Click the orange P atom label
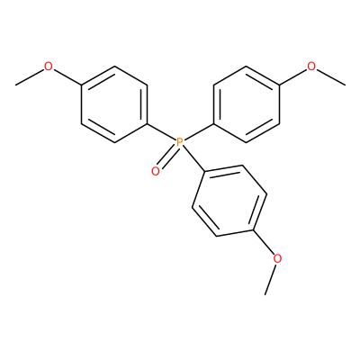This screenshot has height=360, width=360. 180,142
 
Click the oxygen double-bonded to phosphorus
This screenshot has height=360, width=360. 156,171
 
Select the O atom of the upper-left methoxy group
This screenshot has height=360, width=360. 48,67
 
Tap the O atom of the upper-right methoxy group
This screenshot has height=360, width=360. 311,67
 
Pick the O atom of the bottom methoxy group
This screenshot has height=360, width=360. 278,258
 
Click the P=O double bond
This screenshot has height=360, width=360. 167,157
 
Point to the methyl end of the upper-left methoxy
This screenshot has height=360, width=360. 15,85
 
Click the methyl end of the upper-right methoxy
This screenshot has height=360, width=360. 345,85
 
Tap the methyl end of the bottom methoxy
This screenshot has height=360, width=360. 265,294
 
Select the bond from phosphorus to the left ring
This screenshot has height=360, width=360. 161,132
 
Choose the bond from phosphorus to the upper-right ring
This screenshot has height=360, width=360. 198,132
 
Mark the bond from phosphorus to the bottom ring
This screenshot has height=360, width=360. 193,159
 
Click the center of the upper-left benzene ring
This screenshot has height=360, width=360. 114,104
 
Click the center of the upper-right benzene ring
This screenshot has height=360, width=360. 247,104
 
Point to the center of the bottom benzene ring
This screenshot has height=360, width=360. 229,201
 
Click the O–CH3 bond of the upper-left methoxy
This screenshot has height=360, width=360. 30,77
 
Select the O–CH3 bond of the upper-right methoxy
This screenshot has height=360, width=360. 330,77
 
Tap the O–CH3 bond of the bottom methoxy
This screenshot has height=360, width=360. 271,279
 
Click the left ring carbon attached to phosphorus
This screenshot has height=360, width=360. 148,123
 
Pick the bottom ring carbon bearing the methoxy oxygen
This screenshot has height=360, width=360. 254,230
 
